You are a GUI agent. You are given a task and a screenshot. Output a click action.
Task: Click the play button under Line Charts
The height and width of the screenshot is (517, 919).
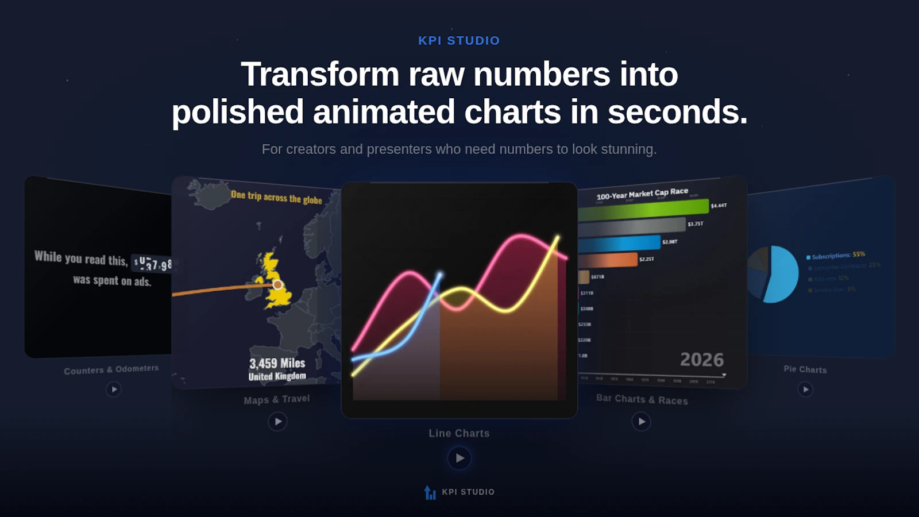tap(459, 458)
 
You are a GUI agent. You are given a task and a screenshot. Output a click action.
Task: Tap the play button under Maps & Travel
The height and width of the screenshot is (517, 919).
tap(277, 422)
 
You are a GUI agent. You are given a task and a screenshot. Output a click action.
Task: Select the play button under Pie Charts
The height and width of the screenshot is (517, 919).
tap(805, 389)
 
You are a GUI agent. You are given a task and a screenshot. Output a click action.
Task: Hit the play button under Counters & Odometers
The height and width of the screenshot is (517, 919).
tap(114, 389)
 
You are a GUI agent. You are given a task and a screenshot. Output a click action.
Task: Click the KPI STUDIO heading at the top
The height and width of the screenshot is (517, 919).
tap(459, 41)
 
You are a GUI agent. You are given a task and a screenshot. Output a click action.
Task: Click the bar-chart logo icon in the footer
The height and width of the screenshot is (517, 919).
tap(430, 492)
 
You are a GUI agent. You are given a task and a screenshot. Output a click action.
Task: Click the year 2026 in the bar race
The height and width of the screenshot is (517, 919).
tap(701, 360)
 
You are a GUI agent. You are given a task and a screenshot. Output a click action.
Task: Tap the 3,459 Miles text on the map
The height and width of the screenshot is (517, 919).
tap(277, 363)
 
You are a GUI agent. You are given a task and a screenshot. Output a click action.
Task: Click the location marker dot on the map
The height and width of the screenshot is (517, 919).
tap(277, 284)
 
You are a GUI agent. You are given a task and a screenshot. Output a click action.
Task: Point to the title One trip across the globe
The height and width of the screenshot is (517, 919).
tap(276, 197)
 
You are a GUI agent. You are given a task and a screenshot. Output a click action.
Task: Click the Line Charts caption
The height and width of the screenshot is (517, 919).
tap(459, 433)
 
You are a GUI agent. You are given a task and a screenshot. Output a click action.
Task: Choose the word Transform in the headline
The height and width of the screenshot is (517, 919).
tap(319, 75)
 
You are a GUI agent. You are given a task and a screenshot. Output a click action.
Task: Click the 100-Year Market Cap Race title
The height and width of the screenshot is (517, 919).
tap(642, 194)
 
